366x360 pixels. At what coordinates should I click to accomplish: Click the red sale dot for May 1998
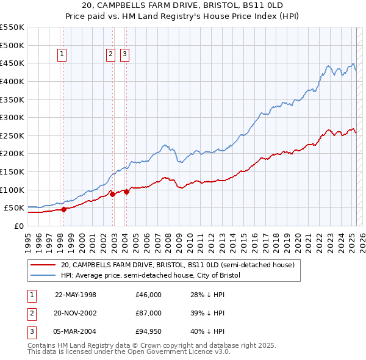coord(63,209)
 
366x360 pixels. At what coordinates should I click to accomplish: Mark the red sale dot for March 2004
coord(126,192)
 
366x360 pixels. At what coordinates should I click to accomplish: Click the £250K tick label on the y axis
coord(12,135)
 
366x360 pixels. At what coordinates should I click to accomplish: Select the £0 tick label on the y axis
coord(20,226)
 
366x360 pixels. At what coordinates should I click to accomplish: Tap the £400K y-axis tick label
coord(12,81)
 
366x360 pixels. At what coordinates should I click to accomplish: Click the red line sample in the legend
coord(43,265)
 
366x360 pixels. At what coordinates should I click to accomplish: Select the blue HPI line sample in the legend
coord(43,275)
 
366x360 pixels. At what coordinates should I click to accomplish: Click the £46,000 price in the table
coord(149,295)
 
